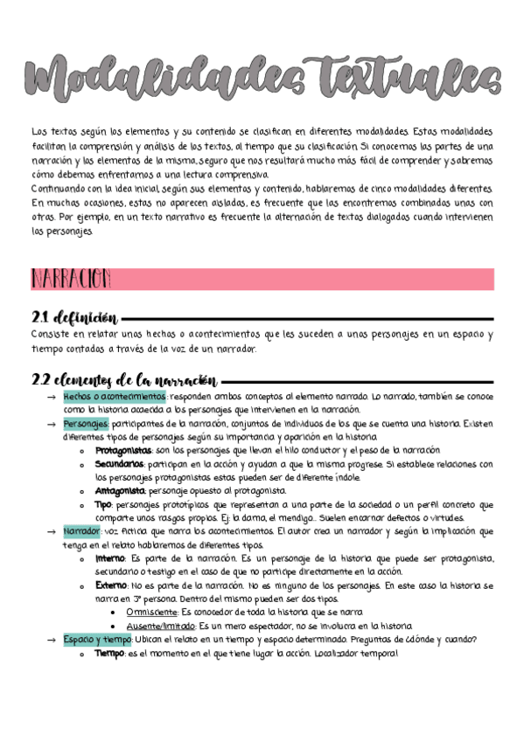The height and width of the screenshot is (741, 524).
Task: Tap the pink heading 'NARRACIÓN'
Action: coord(70,280)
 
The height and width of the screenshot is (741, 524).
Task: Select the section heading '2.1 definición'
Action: coord(73,316)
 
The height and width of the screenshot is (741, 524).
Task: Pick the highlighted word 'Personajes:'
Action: coord(86,424)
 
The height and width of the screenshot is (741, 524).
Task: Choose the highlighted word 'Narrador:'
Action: coord(82,530)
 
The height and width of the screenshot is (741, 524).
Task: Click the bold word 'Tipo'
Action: coord(103,505)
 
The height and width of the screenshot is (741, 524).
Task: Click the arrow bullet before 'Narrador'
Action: coord(52,531)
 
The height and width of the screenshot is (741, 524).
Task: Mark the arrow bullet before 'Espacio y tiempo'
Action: coord(52,640)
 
